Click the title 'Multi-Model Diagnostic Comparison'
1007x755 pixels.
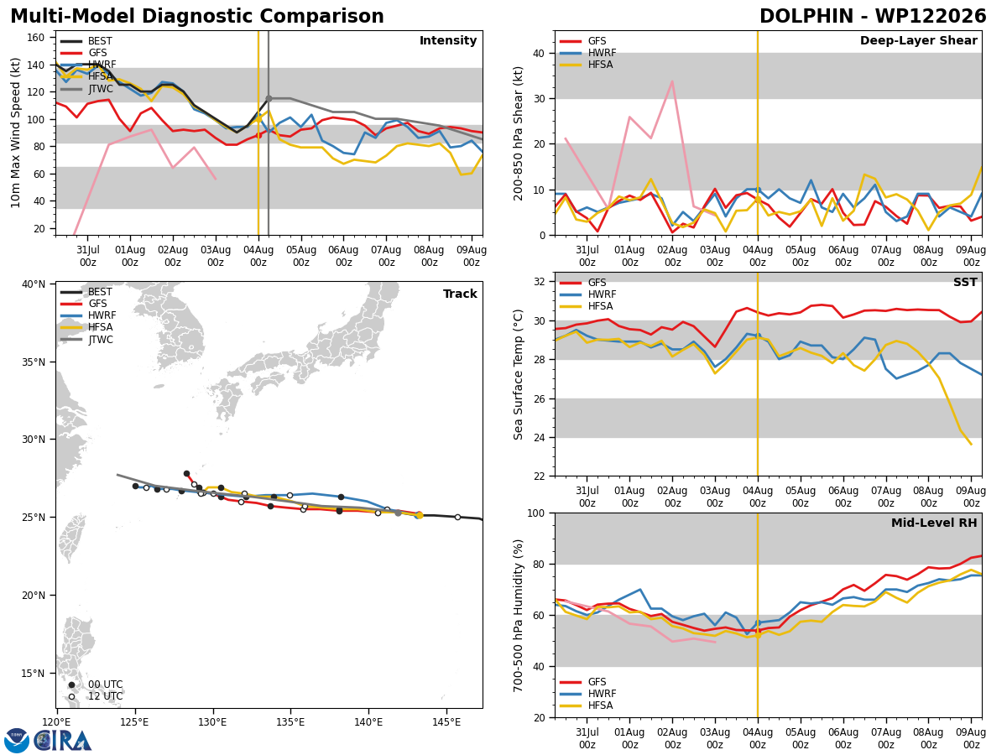tap(197, 17)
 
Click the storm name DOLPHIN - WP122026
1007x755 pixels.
tap(873, 17)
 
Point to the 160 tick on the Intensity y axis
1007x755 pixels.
tap(35, 38)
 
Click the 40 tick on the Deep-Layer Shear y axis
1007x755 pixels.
tap(539, 54)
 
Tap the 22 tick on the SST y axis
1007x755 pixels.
tap(539, 476)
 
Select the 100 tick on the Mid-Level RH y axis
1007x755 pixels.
tap(536, 513)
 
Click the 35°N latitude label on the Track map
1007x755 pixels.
tap(34, 362)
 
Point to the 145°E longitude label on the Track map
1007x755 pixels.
tap(446, 723)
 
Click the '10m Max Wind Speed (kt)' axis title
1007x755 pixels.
tap(15, 133)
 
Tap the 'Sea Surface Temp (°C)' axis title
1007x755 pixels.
tap(518, 375)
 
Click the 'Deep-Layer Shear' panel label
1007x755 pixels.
tap(918, 40)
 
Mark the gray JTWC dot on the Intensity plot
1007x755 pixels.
tap(269, 98)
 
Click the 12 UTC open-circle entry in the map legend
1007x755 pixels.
tap(96, 696)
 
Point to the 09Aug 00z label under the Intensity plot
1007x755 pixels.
tap(471, 256)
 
